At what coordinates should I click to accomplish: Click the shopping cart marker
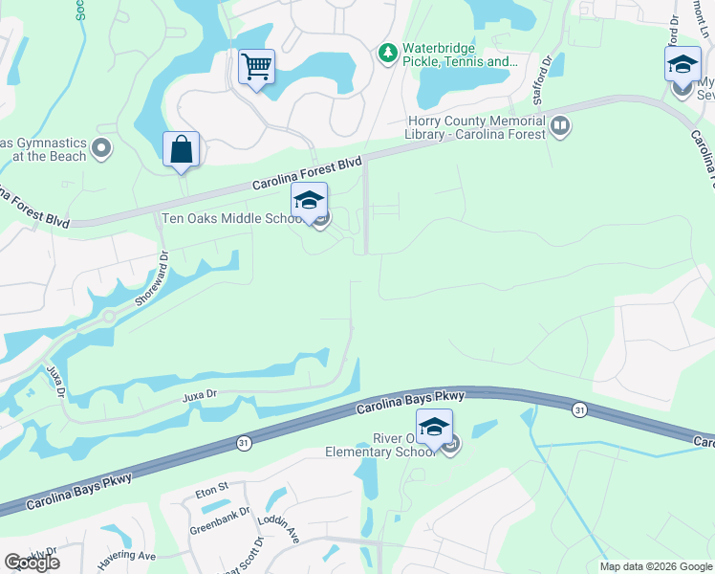[256, 68]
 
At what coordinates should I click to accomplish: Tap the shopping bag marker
[181, 150]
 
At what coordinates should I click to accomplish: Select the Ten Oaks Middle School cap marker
[309, 202]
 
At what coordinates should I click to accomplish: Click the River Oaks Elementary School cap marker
[434, 428]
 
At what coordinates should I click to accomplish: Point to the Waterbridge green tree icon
[387, 52]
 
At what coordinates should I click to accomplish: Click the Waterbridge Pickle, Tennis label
[459, 55]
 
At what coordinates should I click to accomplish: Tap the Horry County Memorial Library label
[474, 127]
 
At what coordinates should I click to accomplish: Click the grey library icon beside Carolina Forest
[560, 124]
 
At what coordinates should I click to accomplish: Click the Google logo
[32, 563]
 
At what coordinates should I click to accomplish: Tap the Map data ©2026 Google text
[655, 566]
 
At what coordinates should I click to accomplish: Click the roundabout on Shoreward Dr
[108, 318]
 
